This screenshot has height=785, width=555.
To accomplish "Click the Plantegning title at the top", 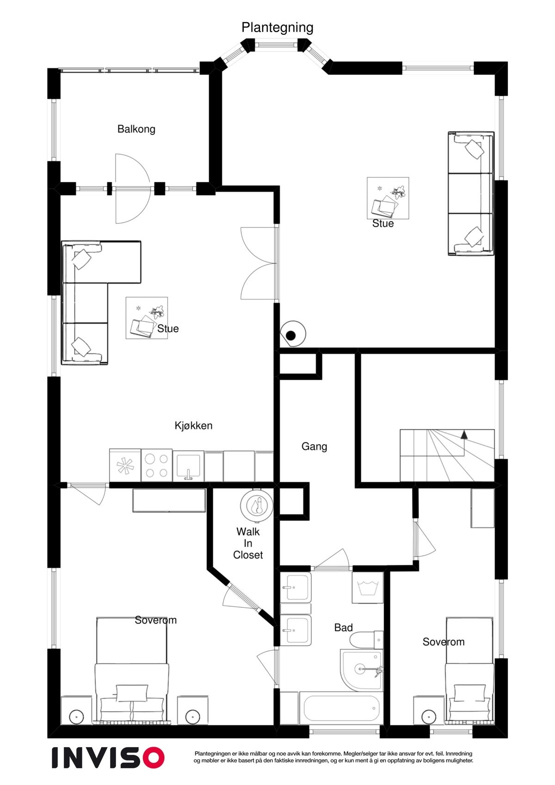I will tap(277, 28).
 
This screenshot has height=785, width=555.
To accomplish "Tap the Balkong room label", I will tap(136, 129).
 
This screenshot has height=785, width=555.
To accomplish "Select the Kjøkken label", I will tap(193, 426).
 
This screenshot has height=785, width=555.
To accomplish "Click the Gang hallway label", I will tap(314, 446).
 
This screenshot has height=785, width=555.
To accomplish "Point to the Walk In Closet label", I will tap(248, 543).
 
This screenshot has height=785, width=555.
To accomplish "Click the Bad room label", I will tap(343, 628).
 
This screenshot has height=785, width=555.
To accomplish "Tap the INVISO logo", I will tap(108, 757).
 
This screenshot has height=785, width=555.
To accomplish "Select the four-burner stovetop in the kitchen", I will tap(156, 466).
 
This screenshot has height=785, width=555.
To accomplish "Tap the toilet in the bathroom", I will tap(365, 640).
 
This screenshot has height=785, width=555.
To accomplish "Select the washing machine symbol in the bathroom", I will tap(368, 587).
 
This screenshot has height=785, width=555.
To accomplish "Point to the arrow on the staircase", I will tap(464, 434).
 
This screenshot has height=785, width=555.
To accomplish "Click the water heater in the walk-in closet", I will tap(256, 505).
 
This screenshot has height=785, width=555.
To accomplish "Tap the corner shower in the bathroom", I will tap(361, 670).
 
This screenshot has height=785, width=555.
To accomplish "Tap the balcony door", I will tap(132, 189).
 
